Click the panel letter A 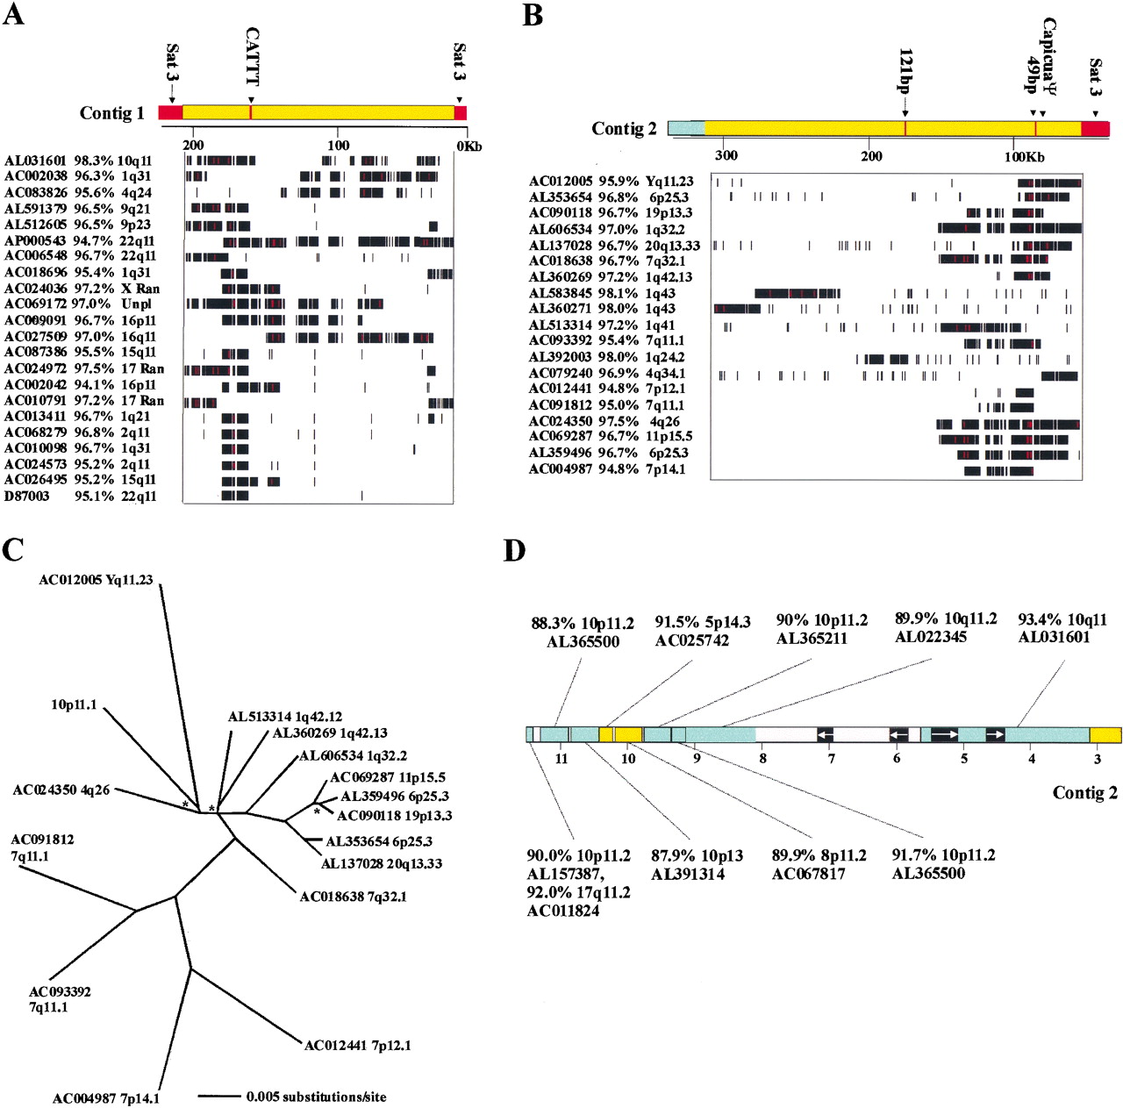(x=13, y=15)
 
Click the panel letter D (x=514, y=550)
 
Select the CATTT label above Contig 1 (x=253, y=56)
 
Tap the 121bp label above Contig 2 (x=905, y=70)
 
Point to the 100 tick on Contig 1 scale (x=339, y=146)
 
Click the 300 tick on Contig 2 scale (x=726, y=155)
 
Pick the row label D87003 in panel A (x=27, y=497)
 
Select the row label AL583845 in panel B (x=561, y=293)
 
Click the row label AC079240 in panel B (x=561, y=373)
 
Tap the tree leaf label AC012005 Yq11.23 (x=96, y=580)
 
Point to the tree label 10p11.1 (x=75, y=704)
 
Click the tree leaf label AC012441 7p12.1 (x=357, y=1045)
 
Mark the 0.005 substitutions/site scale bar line (x=218, y=1096)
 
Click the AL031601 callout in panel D (x=1054, y=637)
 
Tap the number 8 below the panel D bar (x=762, y=758)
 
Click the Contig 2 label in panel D (x=1085, y=792)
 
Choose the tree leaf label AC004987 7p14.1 (x=106, y=1098)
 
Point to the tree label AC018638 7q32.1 (x=353, y=897)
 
